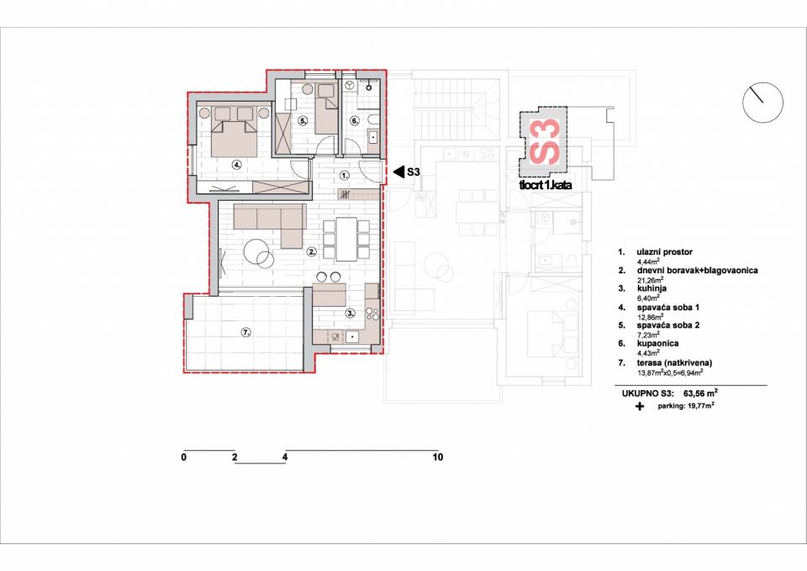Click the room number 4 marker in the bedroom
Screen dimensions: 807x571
tap(236, 165)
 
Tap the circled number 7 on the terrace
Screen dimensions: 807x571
tap(245, 333)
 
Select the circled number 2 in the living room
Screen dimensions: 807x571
tap(312, 251)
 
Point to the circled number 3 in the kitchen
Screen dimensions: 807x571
tap(350, 313)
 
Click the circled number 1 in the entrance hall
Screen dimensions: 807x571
tap(345, 175)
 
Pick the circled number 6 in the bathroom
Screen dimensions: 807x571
tap(355, 121)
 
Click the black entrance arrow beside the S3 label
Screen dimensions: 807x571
tap(398, 172)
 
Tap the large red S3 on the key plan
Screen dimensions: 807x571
tap(544, 141)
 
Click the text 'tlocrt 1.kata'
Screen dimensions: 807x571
tap(546, 185)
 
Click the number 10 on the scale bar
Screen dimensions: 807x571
tap(437, 457)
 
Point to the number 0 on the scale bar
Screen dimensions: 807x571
tap(184, 457)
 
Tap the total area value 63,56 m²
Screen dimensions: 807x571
tap(700, 394)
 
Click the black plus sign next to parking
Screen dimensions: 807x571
tap(639, 406)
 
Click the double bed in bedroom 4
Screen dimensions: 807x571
tap(235, 132)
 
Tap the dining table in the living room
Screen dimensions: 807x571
tap(346, 239)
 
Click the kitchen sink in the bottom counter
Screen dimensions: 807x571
tap(352, 336)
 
